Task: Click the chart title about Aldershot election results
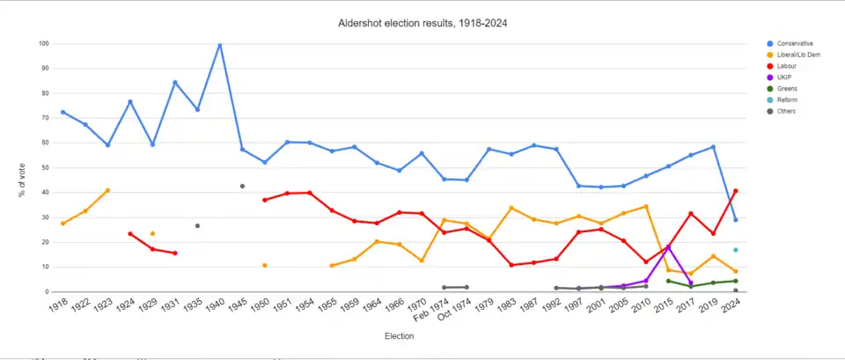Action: coord(422,22)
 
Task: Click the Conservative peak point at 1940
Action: coord(220,45)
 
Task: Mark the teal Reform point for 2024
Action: coord(735,250)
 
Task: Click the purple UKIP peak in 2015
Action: coord(668,246)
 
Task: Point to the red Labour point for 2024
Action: coord(735,191)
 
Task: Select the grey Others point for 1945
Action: coord(242,186)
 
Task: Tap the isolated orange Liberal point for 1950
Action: coord(264,265)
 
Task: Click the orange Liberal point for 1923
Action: coord(107,190)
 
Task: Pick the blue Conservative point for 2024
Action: coord(735,220)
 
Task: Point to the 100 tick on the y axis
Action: coord(44,43)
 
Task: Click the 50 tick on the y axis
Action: coord(44,167)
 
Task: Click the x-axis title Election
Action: coord(399,335)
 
